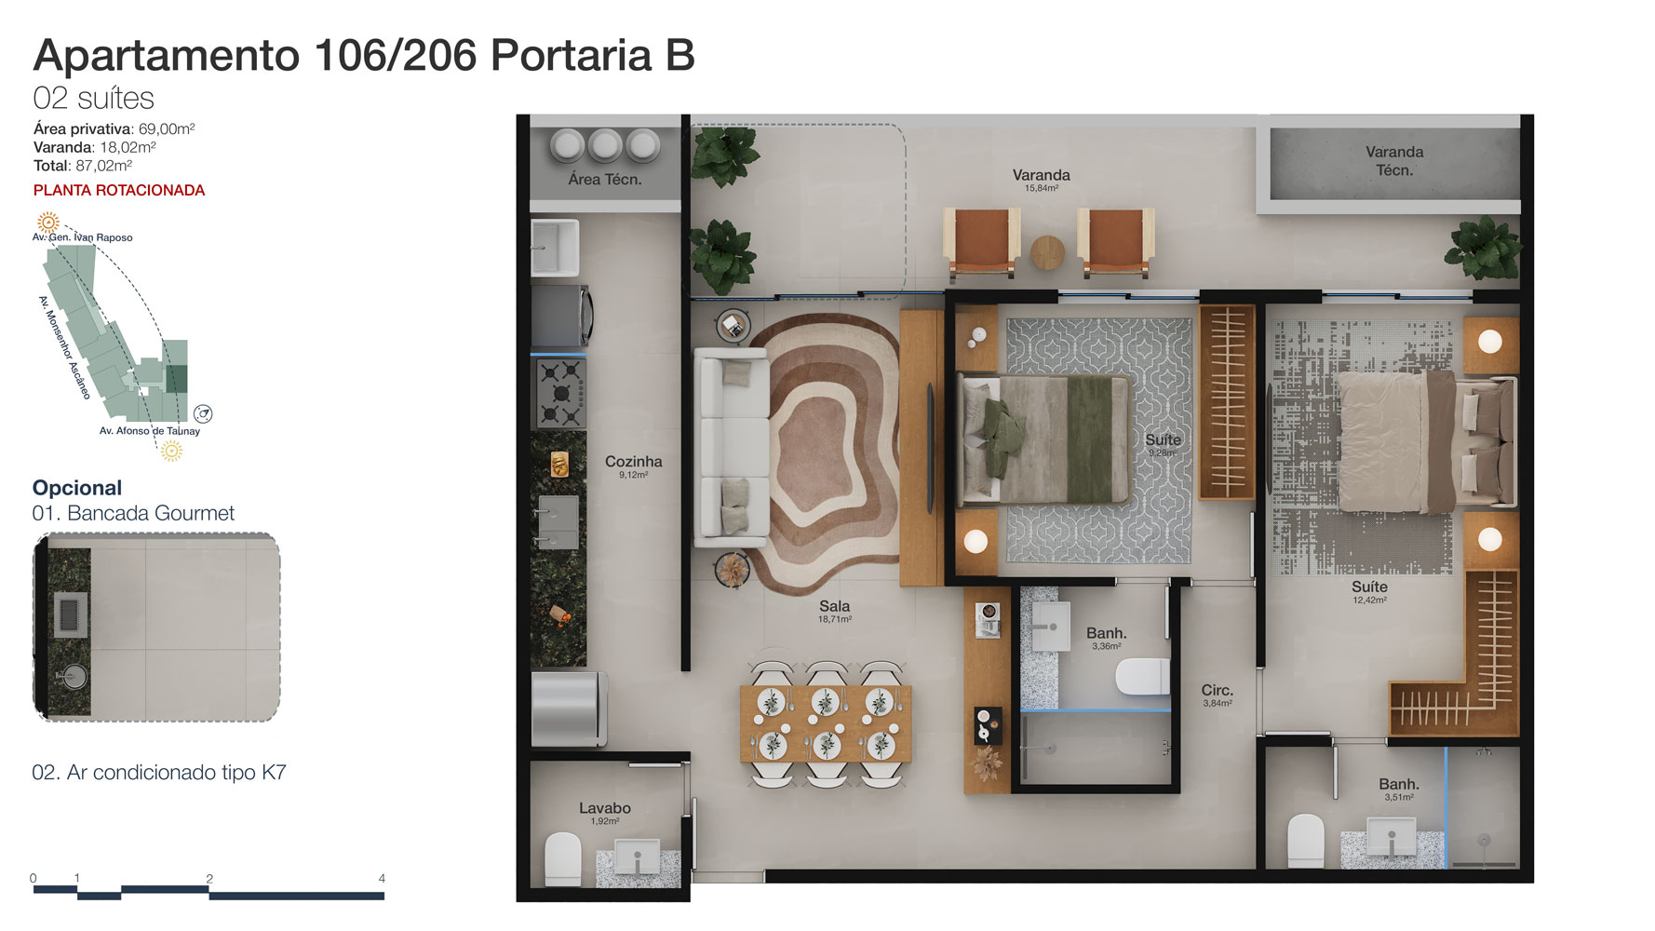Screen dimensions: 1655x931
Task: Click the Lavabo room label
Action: coord(605,808)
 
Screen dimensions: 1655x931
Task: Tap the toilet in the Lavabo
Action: coord(562,858)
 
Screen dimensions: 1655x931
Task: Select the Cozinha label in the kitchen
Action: coord(634,462)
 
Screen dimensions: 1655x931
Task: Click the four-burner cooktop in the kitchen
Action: coord(560,393)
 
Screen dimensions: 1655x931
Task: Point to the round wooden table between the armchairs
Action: coord(1047,252)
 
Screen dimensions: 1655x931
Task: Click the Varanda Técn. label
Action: coord(1394,161)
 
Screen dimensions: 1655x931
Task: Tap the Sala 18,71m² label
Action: coord(835,611)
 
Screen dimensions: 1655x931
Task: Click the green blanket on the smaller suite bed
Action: coord(1097,439)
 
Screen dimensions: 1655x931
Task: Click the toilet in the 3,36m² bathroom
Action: coord(1142,677)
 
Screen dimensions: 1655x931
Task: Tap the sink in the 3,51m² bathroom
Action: coord(1392,837)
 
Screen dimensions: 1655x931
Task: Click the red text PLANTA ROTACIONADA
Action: coord(119,190)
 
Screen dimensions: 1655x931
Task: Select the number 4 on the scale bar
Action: coord(382,878)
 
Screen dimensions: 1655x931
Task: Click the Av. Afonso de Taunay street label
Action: coord(150,431)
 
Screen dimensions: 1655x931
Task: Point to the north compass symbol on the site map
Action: coord(203,413)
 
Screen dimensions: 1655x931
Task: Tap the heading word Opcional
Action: coord(77,488)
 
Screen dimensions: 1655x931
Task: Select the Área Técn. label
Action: coord(605,180)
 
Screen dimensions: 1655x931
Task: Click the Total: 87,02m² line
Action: coord(83,166)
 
